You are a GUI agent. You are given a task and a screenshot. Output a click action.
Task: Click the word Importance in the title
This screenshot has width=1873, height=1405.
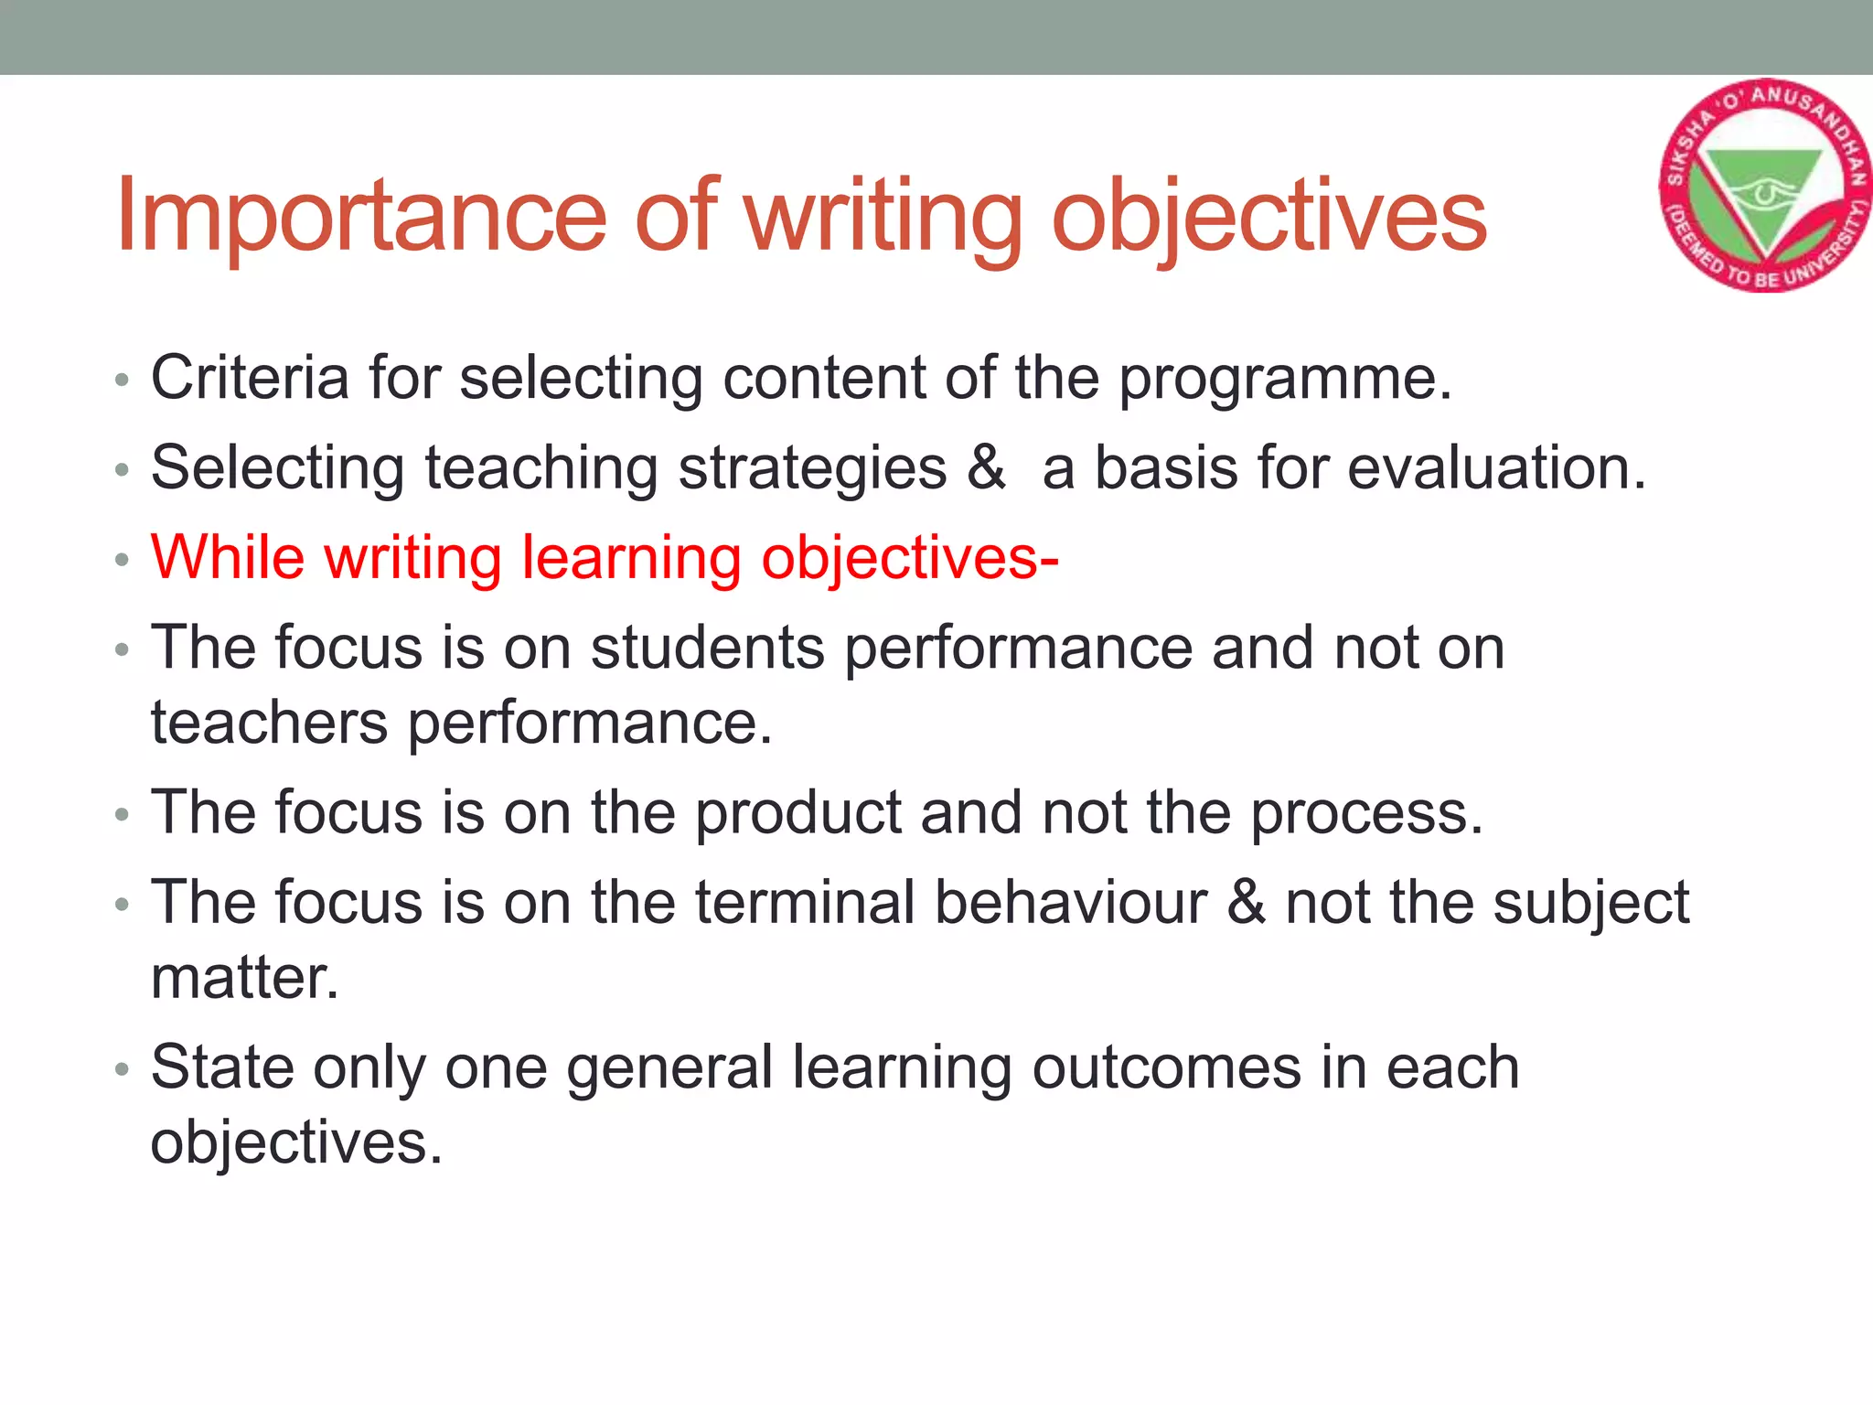click(360, 216)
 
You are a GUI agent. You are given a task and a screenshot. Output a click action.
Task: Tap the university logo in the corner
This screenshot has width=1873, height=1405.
click(1763, 186)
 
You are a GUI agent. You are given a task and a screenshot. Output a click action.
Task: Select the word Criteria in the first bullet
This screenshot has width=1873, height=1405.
click(250, 377)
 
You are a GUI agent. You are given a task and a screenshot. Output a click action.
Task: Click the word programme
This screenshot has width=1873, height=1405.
click(1285, 379)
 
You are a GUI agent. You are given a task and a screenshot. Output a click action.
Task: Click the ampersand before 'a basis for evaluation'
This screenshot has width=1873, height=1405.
click(986, 467)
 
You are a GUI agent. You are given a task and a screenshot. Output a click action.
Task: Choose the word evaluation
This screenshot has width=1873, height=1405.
click(1496, 467)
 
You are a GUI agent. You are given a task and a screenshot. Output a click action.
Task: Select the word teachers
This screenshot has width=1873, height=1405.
click(269, 723)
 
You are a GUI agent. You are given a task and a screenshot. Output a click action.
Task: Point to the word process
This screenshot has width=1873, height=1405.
click(1365, 813)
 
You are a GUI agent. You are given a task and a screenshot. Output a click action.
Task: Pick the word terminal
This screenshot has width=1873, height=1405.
click(805, 903)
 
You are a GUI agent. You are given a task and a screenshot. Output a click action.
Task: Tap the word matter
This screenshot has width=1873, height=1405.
click(244, 978)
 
